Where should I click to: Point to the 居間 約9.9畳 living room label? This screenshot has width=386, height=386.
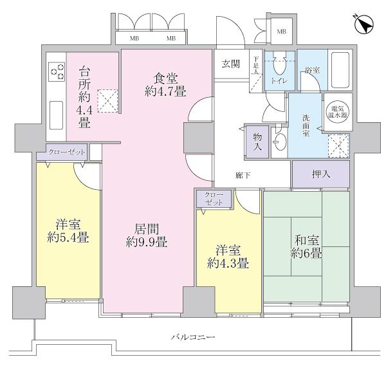[147, 235]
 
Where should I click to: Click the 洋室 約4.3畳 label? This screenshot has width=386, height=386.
[228, 256]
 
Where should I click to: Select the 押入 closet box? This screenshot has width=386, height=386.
[321, 174]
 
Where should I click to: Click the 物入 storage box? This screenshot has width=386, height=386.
[257, 142]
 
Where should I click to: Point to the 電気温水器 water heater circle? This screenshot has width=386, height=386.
[336, 114]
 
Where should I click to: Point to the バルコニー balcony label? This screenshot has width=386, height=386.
[192, 337]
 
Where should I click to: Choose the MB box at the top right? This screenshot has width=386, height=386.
[280, 32]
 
